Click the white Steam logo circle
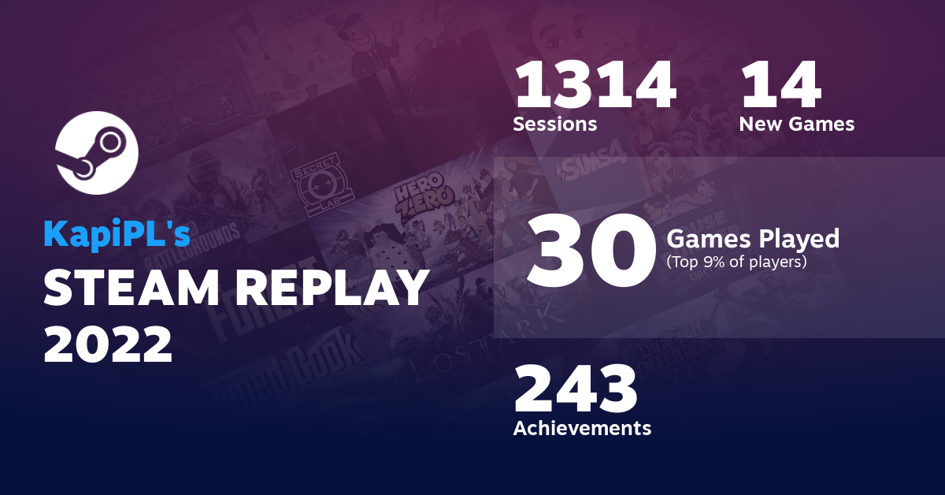click(97, 154)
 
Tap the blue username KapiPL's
click(116, 234)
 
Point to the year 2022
click(108, 344)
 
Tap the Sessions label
click(554, 124)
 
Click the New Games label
click(796, 124)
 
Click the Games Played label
click(753, 238)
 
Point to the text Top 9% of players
click(736, 262)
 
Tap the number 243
click(575, 391)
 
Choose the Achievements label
click(582, 428)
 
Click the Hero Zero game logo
click(424, 197)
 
